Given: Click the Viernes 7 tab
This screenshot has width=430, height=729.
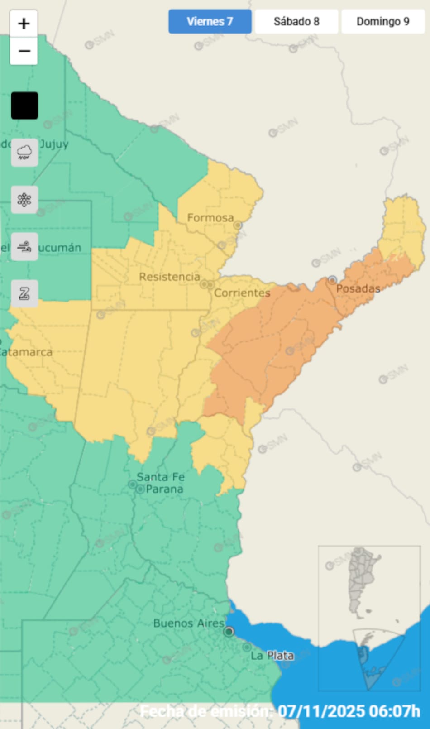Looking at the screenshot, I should coord(210,21).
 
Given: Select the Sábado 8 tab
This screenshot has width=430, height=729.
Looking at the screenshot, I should coord(296,21).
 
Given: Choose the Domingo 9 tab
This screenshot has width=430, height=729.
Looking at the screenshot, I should coord(383,21).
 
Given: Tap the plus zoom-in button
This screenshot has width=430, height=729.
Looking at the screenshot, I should coord(24,23).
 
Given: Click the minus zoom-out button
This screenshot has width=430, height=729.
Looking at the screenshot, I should coord(24,51).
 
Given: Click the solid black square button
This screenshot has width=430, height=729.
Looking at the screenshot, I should coord(24,106).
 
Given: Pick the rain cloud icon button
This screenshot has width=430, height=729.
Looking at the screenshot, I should coord(24,152).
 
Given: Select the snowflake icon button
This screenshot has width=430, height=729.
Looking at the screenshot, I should coord(24,200).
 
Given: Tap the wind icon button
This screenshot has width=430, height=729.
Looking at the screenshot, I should coord(24,247).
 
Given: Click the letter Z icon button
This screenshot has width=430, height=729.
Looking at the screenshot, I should coord(24,294).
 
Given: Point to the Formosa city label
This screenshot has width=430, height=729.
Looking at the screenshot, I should coord(210,218).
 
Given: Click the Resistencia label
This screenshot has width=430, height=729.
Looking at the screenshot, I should coord(169,277).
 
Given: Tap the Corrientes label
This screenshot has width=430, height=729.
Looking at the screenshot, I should coord(242,293).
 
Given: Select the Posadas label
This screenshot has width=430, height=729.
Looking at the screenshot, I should coord(358,288).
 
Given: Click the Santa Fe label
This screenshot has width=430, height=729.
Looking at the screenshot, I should coord(161,477).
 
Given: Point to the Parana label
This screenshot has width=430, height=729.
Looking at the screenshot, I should coord(164,489).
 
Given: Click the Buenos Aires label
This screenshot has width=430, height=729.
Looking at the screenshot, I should coord(189,623).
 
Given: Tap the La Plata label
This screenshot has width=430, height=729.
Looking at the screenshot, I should coord(272,655).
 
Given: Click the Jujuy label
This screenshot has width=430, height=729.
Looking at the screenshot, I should coord(54,144).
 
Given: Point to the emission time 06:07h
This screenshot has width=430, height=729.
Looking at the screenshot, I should coord(394,711).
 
